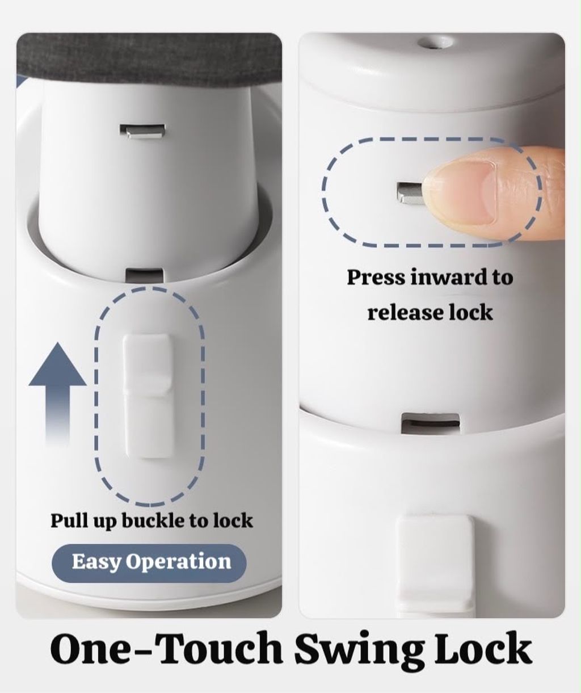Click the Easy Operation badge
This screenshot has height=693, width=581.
pyautogui.click(x=149, y=561)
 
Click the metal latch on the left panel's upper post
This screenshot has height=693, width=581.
pyautogui.click(x=142, y=131)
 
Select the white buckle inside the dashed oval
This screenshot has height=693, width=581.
pyautogui.click(x=148, y=397)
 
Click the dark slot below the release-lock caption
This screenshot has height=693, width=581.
pyautogui.click(x=430, y=423)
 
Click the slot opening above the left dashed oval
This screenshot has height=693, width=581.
pyautogui.click(x=145, y=275)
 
